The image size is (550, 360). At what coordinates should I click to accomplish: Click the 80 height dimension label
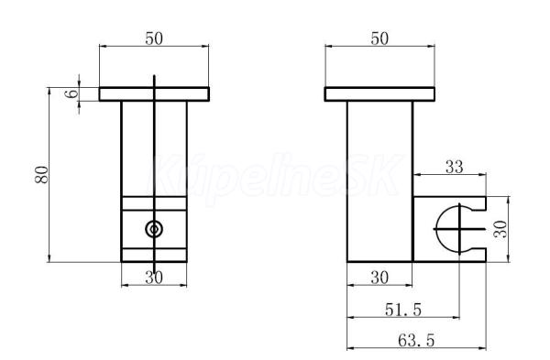click(42, 175)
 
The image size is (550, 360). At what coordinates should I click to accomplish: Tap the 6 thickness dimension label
click(72, 93)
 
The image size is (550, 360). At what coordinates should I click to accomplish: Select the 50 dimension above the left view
click(154, 38)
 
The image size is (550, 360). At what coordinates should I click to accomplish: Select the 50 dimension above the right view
click(379, 38)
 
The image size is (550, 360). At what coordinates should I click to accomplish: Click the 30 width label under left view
click(154, 278)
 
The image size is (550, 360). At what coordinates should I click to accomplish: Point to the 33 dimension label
click(455, 167)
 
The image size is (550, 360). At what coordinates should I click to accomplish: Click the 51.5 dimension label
click(403, 310)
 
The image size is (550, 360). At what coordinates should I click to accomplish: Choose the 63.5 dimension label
click(416, 340)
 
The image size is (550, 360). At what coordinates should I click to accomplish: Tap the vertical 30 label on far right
click(500, 229)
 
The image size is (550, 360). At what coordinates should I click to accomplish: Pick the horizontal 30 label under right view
click(379, 278)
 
